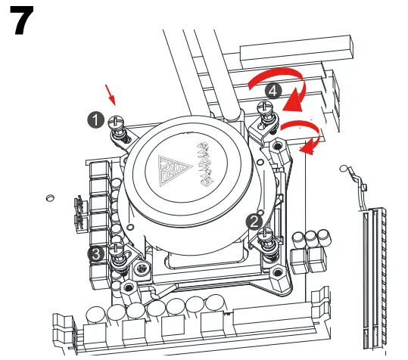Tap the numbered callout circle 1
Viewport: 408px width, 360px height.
click(95, 119)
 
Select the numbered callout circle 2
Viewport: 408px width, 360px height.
click(254, 221)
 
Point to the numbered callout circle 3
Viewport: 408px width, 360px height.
click(96, 254)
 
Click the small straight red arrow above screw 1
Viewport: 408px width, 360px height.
click(111, 95)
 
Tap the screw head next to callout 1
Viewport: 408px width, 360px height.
click(116, 120)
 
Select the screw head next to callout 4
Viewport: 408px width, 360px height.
click(266, 107)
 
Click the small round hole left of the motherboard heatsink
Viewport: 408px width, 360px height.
click(50, 198)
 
